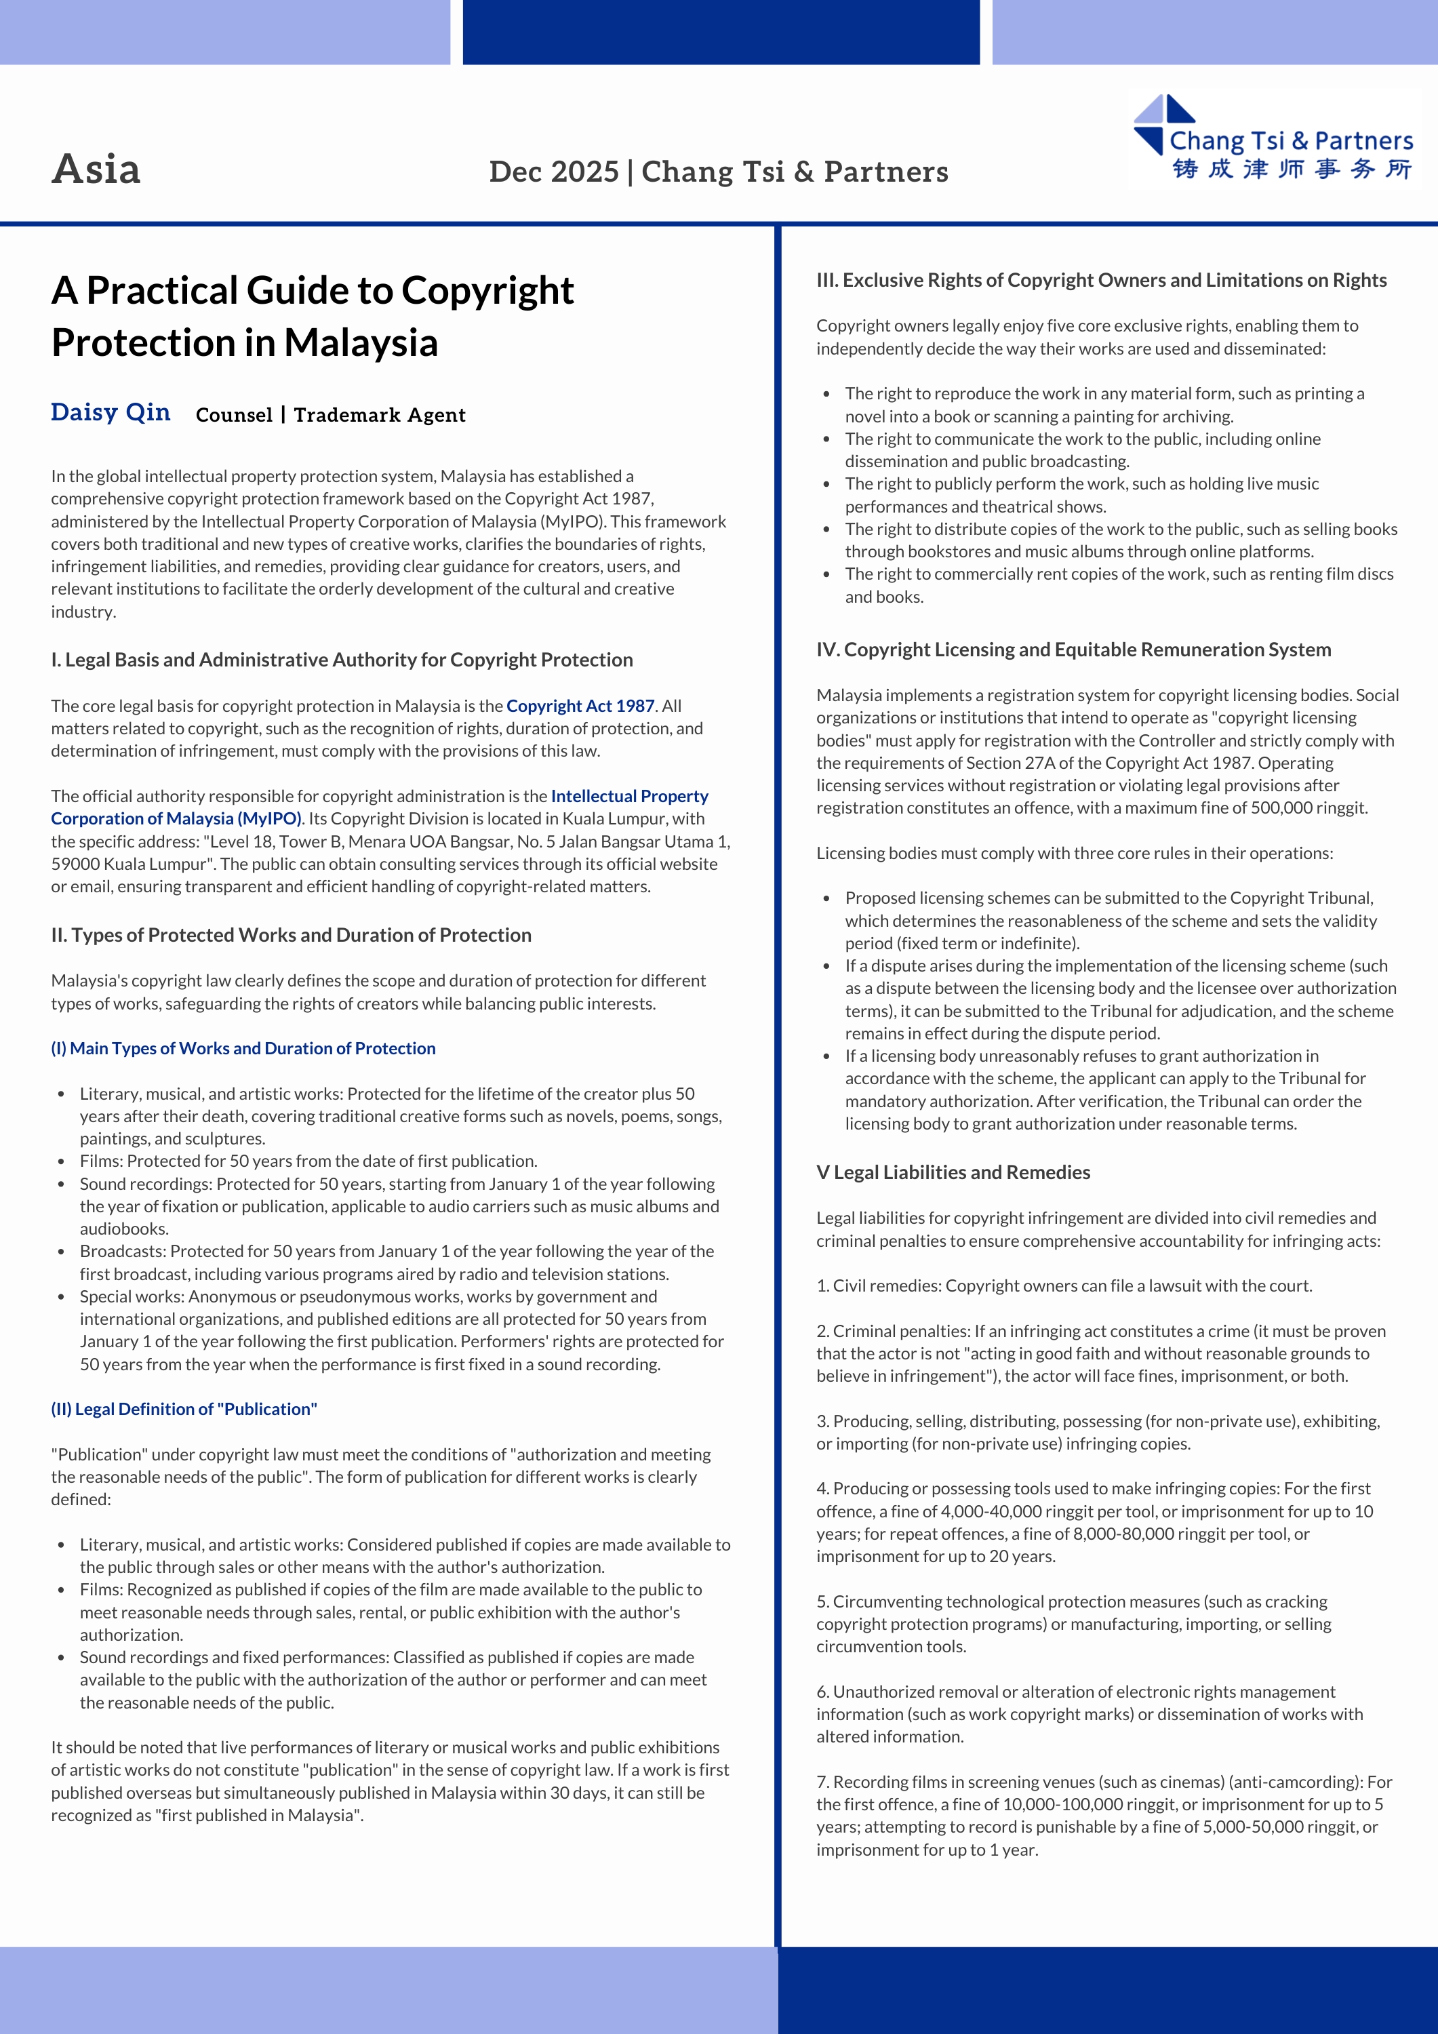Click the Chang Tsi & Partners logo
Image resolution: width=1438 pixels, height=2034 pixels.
click(x=1276, y=140)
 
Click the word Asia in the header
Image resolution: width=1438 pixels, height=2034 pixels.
click(x=96, y=169)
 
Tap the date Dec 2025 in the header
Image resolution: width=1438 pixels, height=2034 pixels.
click(x=554, y=172)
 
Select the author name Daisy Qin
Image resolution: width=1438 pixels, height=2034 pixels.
click(x=111, y=413)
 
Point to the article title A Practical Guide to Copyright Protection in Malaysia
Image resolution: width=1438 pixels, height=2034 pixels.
click(x=313, y=315)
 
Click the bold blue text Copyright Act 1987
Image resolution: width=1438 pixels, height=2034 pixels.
click(x=580, y=706)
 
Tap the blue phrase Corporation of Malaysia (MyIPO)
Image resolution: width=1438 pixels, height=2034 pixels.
click(x=176, y=818)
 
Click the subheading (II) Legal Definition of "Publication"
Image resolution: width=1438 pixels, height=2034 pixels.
click(x=184, y=1409)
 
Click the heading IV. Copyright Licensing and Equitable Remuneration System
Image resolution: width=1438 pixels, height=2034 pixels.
click(x=1073, y=650)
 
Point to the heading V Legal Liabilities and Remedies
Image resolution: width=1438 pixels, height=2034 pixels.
click(x=953, y=1172)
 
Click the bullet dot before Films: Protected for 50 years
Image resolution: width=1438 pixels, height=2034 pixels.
click(x=61, y=1161)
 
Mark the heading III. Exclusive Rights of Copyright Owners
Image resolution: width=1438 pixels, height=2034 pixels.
click(x=1101, y=280)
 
